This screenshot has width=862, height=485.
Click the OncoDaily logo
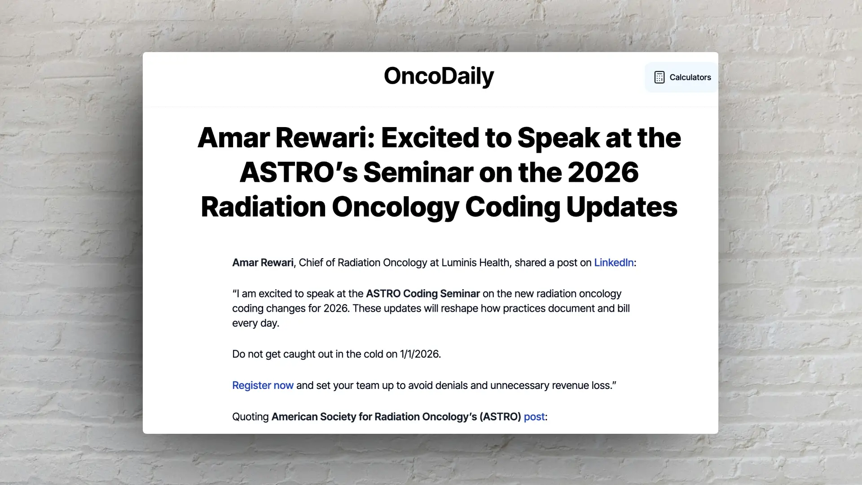(x=439, y=76)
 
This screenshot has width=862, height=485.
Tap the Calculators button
(x=682, y=77)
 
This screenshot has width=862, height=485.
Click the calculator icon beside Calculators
(x=659, y=77)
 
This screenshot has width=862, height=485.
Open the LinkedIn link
(x=614, y=263)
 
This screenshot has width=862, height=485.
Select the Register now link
(x=263, y=385)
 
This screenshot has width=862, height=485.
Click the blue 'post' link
(x=534, y=417)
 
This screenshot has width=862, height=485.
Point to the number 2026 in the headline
(x=603, y=172)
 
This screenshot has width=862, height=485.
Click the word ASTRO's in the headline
(x=299, y=172)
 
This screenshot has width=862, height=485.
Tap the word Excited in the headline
(x=430, y=137)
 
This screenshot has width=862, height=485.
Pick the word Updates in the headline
(x=622, y=207)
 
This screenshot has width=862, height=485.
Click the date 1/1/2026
(x=419, y=354)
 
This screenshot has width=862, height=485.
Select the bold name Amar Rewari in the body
(x=263, y=263)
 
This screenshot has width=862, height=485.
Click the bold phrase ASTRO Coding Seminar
(x=423, y=294)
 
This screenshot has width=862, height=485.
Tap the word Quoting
(x=250, y=417)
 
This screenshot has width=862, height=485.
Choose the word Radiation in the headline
(x=263, y=207)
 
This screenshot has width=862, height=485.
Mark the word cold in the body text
(x=374, y=354)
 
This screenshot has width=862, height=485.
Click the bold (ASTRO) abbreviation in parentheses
(x=500, y=417)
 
